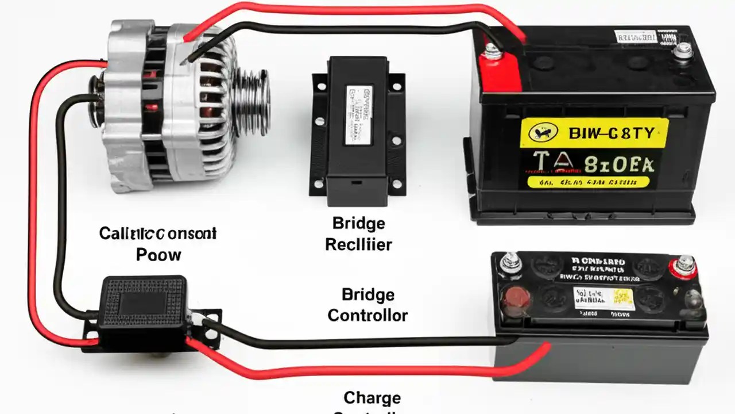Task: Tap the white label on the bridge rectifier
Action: (358, 115)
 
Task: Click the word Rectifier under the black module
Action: (358, 244)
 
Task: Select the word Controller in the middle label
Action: (367, 316)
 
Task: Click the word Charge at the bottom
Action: (372, 397)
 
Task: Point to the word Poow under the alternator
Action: (158, 255)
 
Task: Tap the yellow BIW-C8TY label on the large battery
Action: (594, 134)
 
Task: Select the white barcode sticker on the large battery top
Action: (635, 37)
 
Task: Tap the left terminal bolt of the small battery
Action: (511, 263)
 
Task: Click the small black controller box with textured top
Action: (143, 302)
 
